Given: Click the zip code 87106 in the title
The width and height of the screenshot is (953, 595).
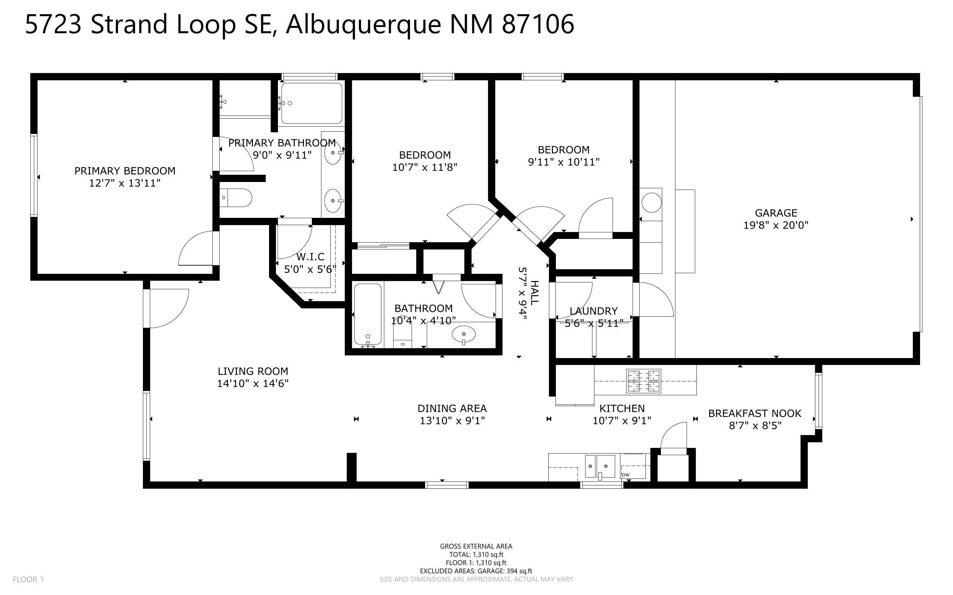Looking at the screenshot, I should (x=538, y=24).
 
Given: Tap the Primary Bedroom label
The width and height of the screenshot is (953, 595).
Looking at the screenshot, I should (x=125, y=171).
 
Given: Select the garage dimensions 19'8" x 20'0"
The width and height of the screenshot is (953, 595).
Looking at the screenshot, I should (x=776, y=225).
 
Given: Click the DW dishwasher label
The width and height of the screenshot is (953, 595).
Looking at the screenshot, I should (x=625, y=475).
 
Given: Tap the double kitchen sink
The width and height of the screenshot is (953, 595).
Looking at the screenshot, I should (x=600, y=466).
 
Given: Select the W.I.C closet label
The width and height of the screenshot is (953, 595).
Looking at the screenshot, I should (x=310, y=257).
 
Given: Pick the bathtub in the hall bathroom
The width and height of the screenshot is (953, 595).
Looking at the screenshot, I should (x=368, y=314).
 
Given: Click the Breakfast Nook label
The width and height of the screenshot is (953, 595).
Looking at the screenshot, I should (x=755, y=414).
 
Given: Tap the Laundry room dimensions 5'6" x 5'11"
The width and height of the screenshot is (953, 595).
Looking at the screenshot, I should (x=594, y=324).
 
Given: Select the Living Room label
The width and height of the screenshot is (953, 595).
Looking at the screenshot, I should (x=253, y=371).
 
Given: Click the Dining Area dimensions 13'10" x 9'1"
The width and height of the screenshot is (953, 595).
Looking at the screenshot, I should (x=452, y=421).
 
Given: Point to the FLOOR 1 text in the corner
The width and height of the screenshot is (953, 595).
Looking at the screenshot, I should (x=28, y=579).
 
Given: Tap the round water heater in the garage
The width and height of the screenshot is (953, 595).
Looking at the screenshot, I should (x=651, y=202).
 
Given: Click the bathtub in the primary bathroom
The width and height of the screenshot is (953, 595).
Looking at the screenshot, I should (x=312, y=103).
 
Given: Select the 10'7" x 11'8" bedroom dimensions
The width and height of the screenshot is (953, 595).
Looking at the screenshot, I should (x=424, y=167).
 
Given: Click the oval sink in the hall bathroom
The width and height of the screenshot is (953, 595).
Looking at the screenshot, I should (x=463, y=335).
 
